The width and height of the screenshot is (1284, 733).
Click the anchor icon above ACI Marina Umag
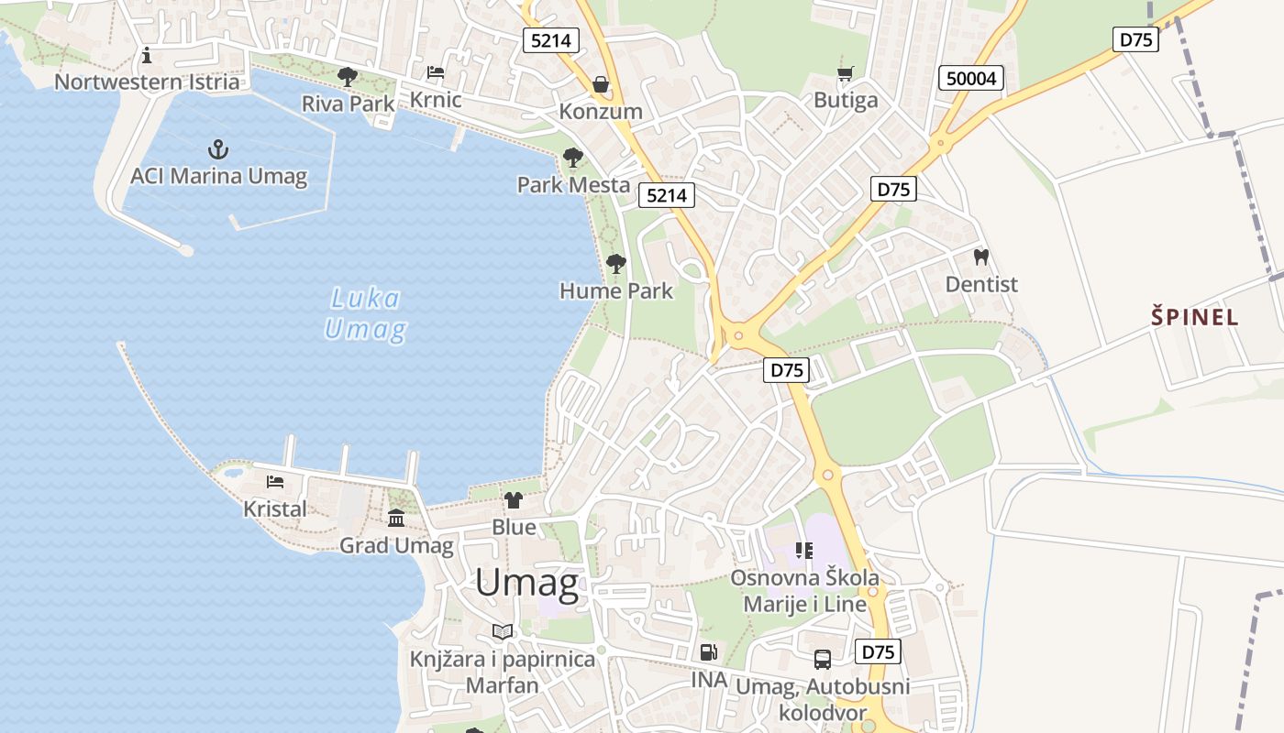(x=218, y=148)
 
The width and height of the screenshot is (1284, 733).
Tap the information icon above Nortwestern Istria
(x=147, y=56)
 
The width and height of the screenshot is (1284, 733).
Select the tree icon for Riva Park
(x=348, y=77)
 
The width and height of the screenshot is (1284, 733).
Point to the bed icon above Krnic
(x=436, y=72)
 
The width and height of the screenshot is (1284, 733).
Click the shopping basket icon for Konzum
(x=601, y=85)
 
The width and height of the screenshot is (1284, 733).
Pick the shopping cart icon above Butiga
(x=846, y=73)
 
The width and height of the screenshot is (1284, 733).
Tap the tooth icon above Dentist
(x=980, y=257)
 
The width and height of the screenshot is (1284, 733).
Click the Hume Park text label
(x=616, y=291)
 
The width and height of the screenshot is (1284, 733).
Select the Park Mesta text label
(x=573, y=185)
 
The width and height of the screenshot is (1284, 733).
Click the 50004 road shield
(x=971, y=79)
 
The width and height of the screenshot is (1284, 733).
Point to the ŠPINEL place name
(x=1195, y=318)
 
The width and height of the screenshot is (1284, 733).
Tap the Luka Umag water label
(x=365, y=313)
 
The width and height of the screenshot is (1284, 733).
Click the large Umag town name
(x=526, y=584)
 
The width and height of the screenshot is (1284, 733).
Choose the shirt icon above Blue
(x=514, y=500)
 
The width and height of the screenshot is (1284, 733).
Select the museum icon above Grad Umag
(x=396, y=520)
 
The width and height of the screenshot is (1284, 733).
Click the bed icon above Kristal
(x=275, y=482)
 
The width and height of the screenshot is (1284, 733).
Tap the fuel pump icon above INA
(x=708, y=652)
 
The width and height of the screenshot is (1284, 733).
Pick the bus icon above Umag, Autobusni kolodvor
(x=823, y=660)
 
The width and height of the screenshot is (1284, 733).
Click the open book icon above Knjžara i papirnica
(x=503, y=632)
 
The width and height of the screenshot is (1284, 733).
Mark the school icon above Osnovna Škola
(x=804, y=551)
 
